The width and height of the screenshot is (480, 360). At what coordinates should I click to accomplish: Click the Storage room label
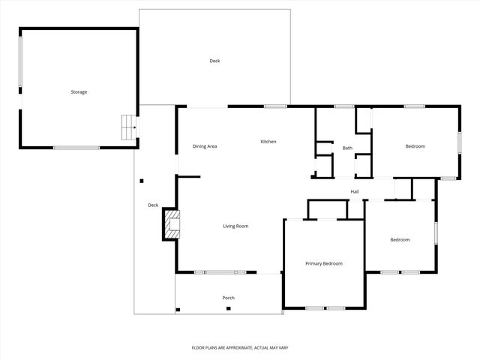[79, 91]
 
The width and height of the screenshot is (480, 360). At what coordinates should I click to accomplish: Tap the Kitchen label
[268, 142]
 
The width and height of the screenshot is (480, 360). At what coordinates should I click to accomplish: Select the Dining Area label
[205, 146]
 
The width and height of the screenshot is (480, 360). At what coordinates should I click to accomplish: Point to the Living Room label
[235, 226]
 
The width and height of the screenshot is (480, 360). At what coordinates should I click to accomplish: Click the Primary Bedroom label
[324, 263]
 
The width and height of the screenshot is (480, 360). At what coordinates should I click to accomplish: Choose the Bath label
[347, 148]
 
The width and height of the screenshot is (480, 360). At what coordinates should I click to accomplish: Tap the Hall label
[355, 192]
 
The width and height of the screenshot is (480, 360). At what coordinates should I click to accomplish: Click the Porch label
[229, 298]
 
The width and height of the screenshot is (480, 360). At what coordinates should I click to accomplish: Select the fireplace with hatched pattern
[173, 225]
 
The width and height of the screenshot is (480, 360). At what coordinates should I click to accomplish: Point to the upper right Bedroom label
[415, 146]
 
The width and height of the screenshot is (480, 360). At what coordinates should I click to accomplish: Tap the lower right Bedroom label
[400, 239]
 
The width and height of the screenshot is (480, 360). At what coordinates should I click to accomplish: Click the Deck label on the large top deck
[214, 61]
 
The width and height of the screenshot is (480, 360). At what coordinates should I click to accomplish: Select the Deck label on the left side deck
[153, 205]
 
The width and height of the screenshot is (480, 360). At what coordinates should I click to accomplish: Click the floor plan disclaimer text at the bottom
[240, 347]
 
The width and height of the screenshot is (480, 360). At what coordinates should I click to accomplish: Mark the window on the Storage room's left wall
[20, 65]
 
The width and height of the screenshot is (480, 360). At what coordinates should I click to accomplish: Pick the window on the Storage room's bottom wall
[76, 147]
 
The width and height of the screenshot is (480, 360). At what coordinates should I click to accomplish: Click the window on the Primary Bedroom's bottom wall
[325, 308]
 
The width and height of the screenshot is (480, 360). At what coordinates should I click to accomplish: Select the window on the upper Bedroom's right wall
[459, 142]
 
